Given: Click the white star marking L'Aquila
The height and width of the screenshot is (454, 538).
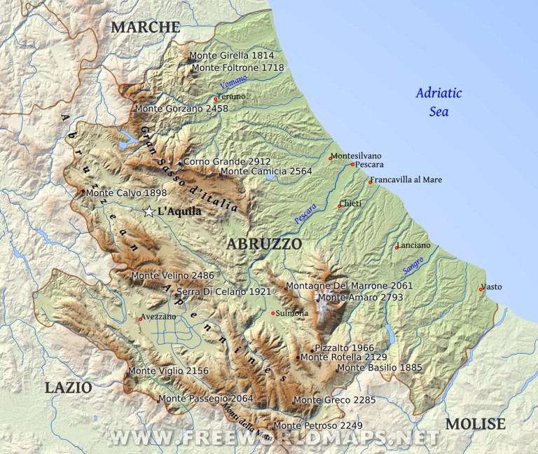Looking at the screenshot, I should pos(149,212).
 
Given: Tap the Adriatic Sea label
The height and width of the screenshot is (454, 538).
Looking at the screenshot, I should pos(439,102).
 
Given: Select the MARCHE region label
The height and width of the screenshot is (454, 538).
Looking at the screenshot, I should pos(146,27).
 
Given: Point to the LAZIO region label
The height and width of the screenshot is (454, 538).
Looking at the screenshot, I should pos(68,387).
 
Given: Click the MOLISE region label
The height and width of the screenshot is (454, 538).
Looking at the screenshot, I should pos(475,424).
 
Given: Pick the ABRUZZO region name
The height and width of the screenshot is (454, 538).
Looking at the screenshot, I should pos(264,244).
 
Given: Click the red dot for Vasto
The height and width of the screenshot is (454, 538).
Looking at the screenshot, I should pos(481,289).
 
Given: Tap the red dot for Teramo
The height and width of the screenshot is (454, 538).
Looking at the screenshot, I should pos(216,99).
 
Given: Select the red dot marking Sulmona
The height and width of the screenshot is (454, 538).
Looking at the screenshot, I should pos(273,313).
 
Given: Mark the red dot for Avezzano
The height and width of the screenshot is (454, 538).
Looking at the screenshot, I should pos(140,319).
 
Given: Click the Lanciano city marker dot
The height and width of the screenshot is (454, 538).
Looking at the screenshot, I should pos(396,247).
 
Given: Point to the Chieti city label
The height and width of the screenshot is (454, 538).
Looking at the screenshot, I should pos(351,204).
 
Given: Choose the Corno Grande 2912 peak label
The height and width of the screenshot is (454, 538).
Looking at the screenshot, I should pos(227,162).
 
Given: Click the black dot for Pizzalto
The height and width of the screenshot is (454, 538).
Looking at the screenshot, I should pos(312,350).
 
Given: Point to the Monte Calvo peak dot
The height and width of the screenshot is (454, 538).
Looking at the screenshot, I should pos(83,191).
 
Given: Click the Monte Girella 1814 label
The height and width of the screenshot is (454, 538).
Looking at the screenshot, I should pos(231,55).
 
